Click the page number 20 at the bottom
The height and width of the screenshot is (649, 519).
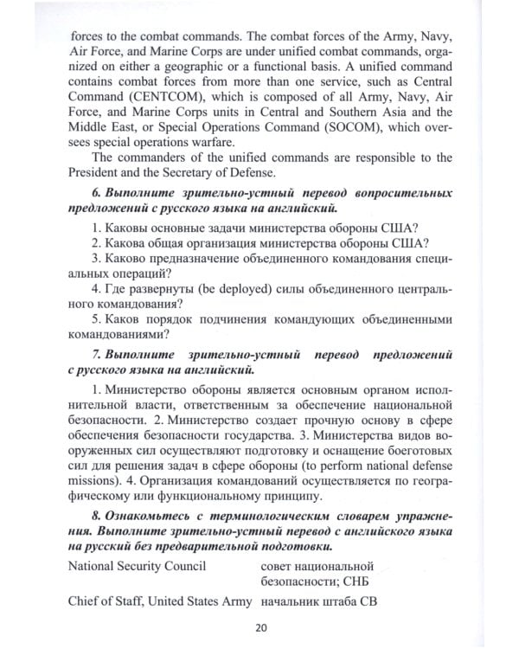pyautogui.click(x=260, y=627)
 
